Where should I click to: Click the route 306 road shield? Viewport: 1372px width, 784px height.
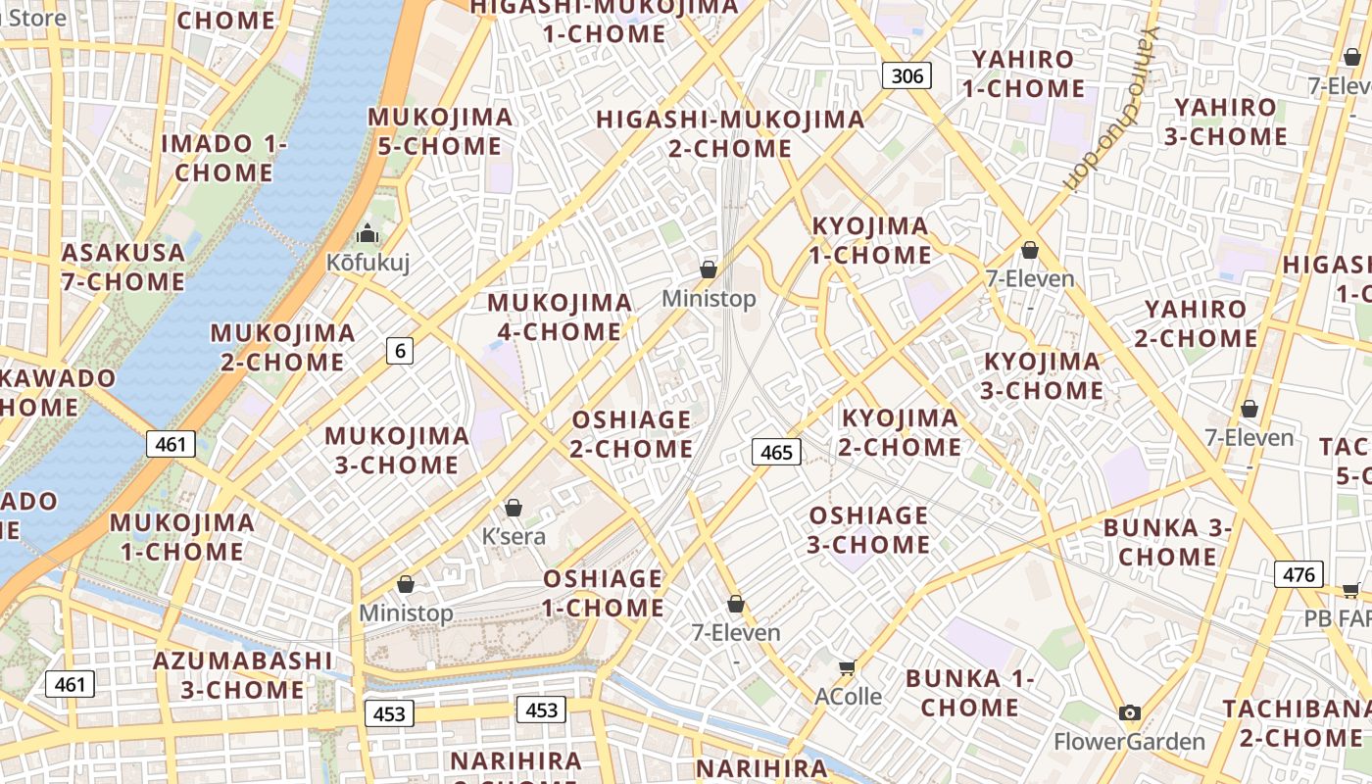906,74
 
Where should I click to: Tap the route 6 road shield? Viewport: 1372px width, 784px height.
399,350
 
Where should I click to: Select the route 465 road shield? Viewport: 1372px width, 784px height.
776,452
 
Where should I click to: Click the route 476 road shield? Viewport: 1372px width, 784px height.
1298,574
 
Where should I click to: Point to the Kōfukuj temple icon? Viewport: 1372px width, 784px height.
367,234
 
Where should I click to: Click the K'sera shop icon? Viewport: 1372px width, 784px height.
513,508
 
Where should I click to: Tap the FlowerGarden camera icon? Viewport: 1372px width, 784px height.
1130,712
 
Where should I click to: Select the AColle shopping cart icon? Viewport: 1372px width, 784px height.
848,667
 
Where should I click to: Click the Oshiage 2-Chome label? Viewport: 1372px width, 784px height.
632,434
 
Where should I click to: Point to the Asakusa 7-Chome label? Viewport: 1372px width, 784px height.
123,267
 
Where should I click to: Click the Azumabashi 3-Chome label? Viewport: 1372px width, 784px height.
243,674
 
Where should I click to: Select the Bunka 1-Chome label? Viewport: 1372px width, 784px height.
969,692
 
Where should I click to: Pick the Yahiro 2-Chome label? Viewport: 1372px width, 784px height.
1196,323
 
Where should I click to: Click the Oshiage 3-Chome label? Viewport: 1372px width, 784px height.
868,529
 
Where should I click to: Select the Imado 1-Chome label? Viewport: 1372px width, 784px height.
224,158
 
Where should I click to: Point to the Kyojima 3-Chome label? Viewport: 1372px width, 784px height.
1043,375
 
